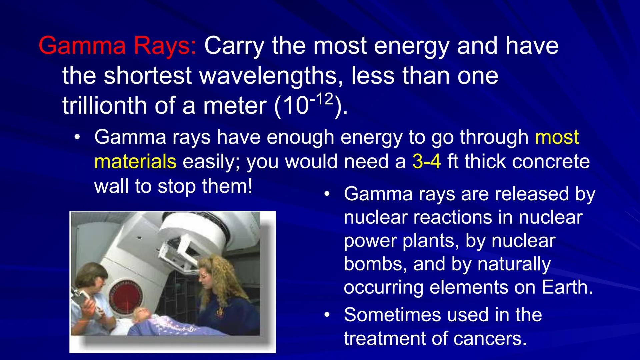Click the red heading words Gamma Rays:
[118, 46]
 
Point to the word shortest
[147, 75]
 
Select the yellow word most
[557, 137]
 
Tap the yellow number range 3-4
[427, 161]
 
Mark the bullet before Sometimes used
[328, 315]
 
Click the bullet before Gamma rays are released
[328, 194]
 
